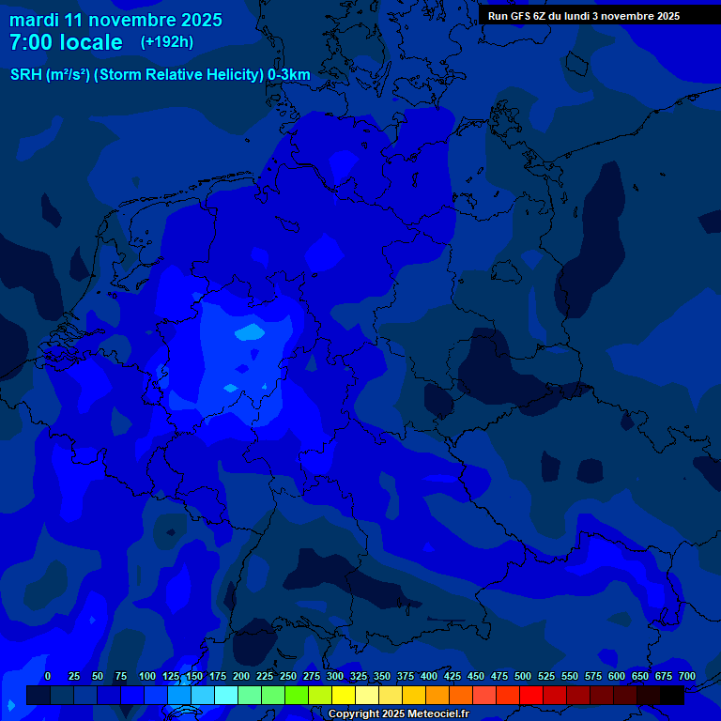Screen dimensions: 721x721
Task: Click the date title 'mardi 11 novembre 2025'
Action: (115, 20)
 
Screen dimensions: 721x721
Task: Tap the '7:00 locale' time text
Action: (66, 42)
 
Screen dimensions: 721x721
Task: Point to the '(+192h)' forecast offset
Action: (167, 41)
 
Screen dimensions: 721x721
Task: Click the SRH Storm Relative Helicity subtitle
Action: (160, 75)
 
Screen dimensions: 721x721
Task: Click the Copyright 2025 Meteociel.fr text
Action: (399, 714)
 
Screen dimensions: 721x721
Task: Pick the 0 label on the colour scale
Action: (48, 676)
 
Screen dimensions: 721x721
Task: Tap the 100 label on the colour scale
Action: (147, 676)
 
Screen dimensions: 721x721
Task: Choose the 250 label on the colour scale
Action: (288, 676)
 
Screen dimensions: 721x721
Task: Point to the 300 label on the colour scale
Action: (335, 676)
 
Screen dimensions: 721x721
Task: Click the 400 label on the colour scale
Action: (429, 676)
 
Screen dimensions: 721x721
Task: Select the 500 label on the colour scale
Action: (523, 676)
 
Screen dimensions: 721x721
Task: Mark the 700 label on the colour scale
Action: (687, 676)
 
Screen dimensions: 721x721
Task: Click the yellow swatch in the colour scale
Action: (344, 695)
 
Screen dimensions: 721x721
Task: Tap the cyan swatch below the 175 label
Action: (226, 695)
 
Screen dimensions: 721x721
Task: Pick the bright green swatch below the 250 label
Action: (297, 695)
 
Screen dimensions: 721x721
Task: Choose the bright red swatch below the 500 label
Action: (531, 695)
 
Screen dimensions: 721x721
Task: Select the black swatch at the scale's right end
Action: (672, 695)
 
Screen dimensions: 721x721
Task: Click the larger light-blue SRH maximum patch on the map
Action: (250, 331)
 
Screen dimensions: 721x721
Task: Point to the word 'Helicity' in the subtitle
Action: (223, 75)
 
